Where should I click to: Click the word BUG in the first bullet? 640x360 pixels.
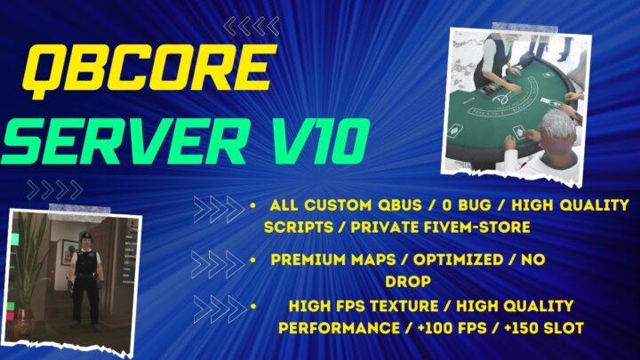click(470, 205)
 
